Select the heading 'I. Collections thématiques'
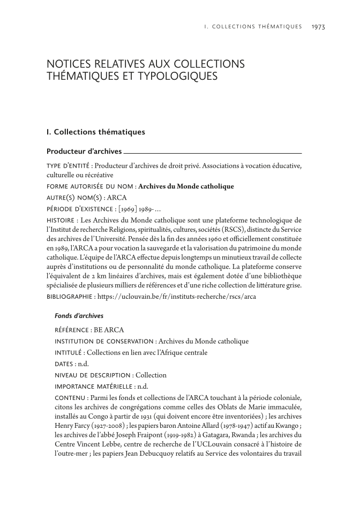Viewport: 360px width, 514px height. (95, 131)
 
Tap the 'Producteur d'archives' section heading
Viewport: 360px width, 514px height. (84, 152)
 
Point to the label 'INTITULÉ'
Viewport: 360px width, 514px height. (70, 352)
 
